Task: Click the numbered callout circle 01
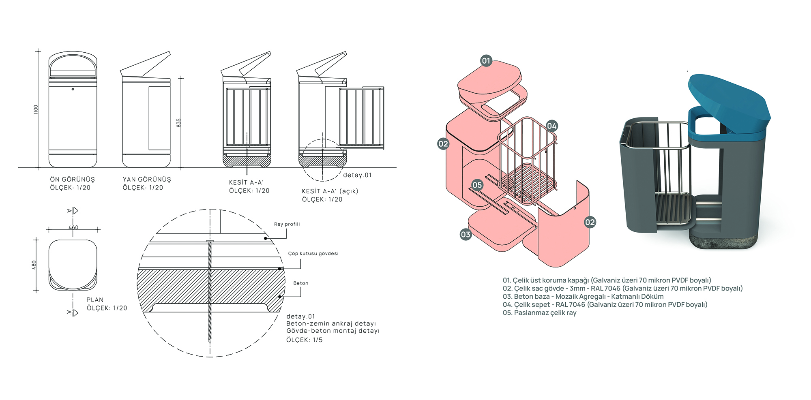coord(486,61)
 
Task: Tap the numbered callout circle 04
coord(551,126)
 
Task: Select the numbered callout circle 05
coord(477,185)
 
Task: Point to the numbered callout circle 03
coord(466,234)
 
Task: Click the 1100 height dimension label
coord(36,109)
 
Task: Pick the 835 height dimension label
coord(178,123)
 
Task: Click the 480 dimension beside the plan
coord(34,265)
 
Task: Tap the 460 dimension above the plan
coord(73,227)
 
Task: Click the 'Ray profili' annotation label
coord(287,224)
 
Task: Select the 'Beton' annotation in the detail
coord(300,283)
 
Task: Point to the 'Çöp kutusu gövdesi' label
coord(313,254)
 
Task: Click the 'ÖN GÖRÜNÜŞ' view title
coord(72,179)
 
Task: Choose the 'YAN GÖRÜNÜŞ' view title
coord(147,179)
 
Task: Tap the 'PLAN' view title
coord(95,300)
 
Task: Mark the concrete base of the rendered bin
coord(722,242)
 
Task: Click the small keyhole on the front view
coord(73,89)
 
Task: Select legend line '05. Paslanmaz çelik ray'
coord(539,313)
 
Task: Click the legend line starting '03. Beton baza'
coord(583,297)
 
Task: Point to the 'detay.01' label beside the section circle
coord(357,175)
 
